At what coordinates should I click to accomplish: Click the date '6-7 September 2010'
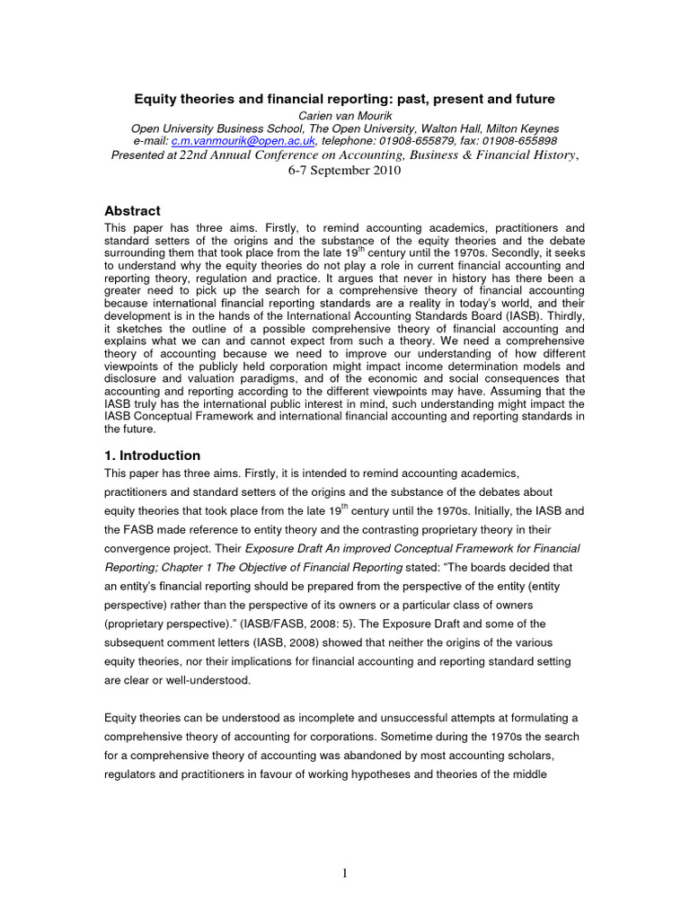coord(344,171)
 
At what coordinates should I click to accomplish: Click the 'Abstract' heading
coord(133,211)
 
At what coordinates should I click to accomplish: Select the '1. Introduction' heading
coord(153,456)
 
